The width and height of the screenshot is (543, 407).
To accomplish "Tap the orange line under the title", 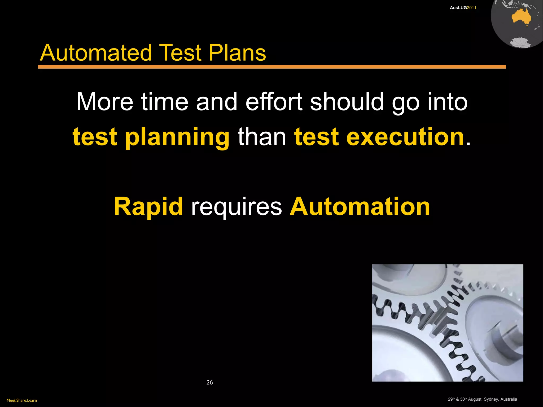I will point(272,67).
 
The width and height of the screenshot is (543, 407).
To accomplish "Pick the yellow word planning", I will point(177,137).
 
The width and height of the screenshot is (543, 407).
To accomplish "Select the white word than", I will point(262,137).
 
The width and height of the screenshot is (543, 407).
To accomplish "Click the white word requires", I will point(237,207).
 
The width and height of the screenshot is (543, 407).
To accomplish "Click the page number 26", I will point(209,382).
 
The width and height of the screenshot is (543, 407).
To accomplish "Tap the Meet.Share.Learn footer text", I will point(22,400).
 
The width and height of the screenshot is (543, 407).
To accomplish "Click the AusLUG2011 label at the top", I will point(463,8).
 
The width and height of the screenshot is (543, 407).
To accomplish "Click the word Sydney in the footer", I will point(491,399).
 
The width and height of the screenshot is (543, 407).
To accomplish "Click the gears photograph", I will point(448,323).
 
